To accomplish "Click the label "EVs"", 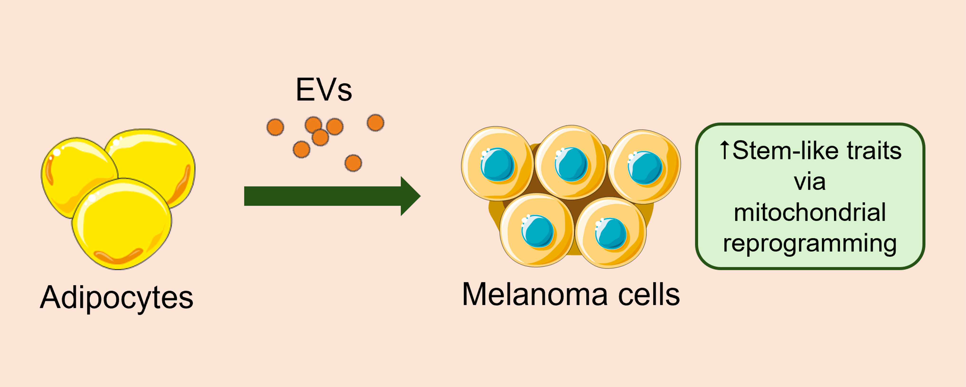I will (x=324, y=90).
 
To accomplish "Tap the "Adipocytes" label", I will (x=117, y=297).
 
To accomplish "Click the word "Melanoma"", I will (x=534, y=294).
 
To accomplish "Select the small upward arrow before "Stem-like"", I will (x=724, y=150).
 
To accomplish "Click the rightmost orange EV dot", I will (x=375, y=123).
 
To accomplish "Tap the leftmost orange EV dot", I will (x=275, y=127).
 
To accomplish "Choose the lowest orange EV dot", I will (x=353, y=163).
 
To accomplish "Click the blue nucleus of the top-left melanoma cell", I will (x=498, y=165).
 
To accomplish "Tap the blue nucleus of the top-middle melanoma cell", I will (x=571, y=165).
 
